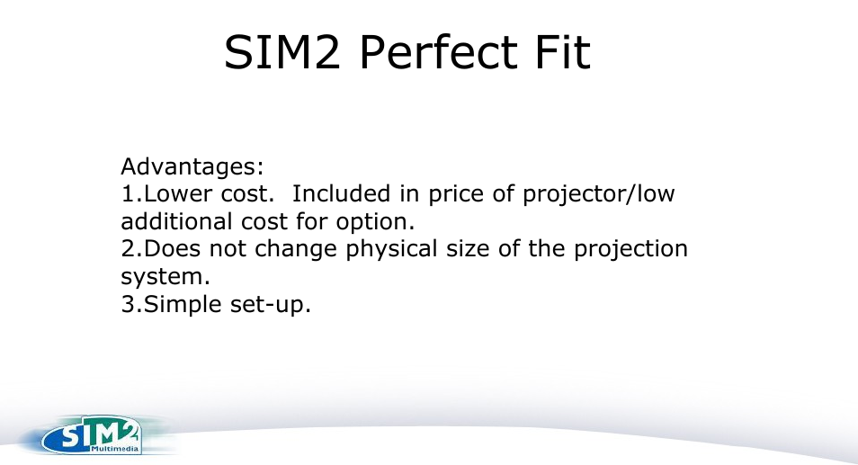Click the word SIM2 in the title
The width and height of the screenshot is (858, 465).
tap(282, 53)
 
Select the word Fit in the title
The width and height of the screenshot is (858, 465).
tap(561, 53)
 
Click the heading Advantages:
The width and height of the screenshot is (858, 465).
tap(192, 167)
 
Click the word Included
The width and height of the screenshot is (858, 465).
tap(342, 194)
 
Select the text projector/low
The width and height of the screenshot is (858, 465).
tap(599, 195)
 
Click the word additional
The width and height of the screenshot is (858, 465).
tap(176, 221)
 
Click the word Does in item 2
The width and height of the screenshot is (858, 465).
tap(168, 249)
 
